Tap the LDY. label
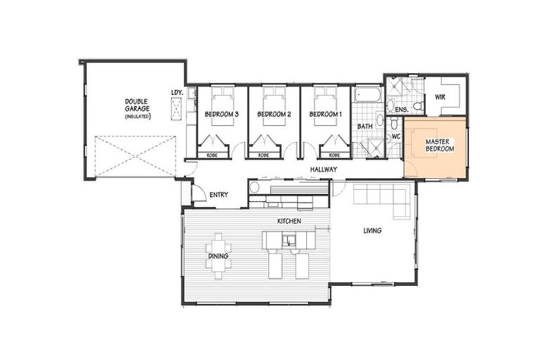(176, 92)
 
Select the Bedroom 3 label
(221, 114)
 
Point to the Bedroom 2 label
(274, 114)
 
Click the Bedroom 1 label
(326, 114)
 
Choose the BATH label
(364, 126)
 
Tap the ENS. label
(402, 110)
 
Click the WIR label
(440, 96)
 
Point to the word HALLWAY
(323, 169)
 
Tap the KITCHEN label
(288, 221)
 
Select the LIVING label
(372, 230)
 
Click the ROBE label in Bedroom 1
(335, 155)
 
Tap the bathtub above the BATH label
(365, 94)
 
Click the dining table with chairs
(218, 250)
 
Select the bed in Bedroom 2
(274, 102)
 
